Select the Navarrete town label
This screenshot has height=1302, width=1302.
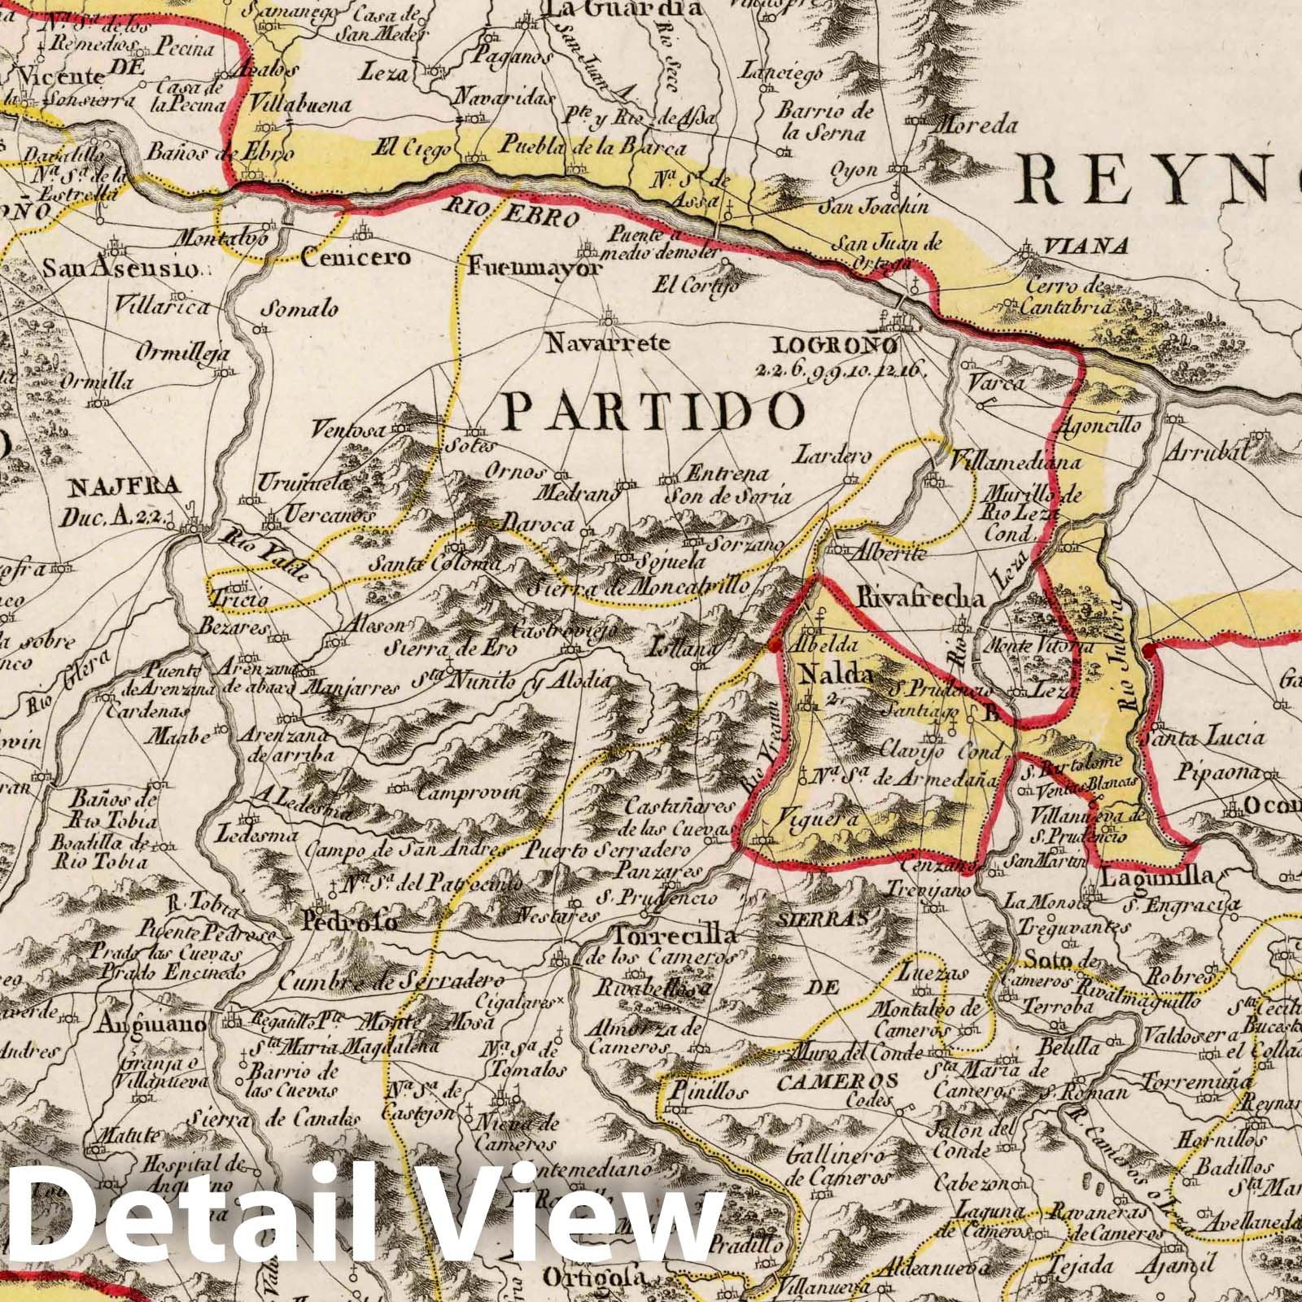point(608,343)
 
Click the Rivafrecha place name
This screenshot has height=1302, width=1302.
point(920,598)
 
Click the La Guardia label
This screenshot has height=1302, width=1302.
point(625,9)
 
